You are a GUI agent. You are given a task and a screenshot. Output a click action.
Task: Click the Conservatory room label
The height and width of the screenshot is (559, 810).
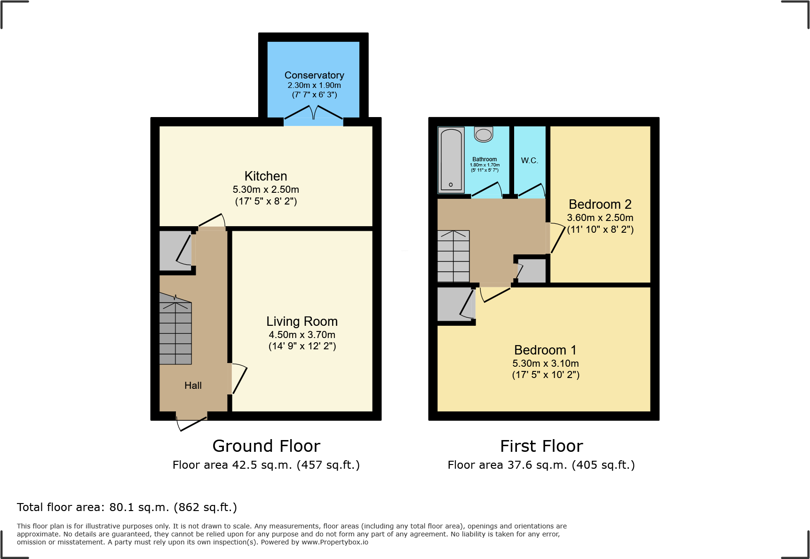(x=314, y=75)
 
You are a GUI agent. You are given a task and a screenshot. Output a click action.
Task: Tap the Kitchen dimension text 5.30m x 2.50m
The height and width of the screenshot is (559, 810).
(x=266, y=189)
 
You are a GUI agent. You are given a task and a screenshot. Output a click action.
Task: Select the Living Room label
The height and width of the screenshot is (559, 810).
(x=302, y=322)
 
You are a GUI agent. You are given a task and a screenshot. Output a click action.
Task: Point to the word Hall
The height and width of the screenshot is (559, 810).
(x=193, y=386)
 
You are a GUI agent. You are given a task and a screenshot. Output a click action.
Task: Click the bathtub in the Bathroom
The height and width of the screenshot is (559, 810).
(x=451, y=160)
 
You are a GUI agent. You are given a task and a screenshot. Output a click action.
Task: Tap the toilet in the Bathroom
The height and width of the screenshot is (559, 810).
(x=483, y=134)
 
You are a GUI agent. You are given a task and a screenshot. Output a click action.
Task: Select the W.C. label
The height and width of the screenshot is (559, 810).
(x=529, y=161)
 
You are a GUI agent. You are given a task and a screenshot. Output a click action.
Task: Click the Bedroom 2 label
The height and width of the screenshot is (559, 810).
(x=600, y=205)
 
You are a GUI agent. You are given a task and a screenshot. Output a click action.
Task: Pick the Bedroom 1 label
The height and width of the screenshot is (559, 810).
(x=545, y=350)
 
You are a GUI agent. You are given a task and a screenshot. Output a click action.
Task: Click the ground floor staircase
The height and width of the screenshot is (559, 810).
(x=175, y=331)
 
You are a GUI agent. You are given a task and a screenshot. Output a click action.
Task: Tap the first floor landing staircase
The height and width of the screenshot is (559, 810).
(x=453, y=256)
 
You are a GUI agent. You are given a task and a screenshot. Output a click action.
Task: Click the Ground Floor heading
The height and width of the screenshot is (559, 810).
(x=266, y=446)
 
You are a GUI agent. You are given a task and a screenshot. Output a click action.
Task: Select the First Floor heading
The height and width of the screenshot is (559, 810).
(x=541, y=446)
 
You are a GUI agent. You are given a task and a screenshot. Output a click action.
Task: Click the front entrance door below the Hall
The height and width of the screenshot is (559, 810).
(x=192, y=422)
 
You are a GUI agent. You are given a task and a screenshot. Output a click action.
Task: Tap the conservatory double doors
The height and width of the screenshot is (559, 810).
(x=314, y=115)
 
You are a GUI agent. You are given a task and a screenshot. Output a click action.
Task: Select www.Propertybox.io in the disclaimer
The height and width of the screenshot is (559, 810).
(x=335, y=542)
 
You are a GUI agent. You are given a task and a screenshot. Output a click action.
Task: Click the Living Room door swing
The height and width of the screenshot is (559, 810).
(x=238, y=379)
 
